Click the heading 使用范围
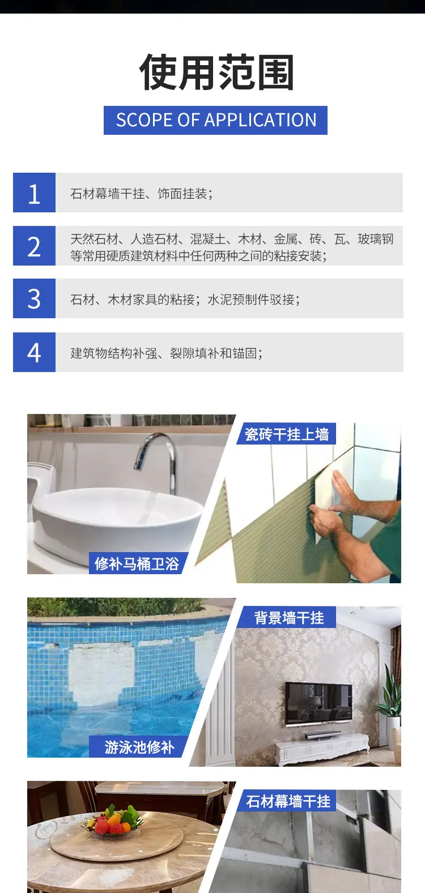[216, 72]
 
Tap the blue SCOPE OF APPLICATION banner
[215, 120]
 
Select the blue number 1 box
[35, 193]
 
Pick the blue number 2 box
[35, 246]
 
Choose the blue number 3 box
[35, 298]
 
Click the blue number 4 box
[35, 352]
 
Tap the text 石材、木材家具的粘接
[133, 300]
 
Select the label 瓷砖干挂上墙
[287, 434]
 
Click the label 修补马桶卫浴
[137, 563]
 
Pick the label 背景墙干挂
[289, 618]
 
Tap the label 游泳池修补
[139, 747]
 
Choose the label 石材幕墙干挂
[288, 801]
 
